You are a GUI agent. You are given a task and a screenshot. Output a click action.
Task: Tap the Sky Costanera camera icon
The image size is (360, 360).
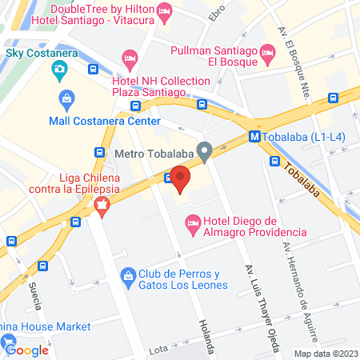tap(59, 70)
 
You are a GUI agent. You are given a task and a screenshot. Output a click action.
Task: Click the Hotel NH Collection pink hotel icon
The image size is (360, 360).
tap(130, 58)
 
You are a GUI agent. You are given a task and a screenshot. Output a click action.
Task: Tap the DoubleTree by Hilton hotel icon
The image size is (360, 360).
tap(164, 10)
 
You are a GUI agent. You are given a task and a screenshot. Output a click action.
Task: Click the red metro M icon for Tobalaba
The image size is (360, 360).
tap(254, 136)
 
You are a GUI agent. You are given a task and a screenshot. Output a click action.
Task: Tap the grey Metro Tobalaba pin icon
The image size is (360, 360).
tap(205, 150)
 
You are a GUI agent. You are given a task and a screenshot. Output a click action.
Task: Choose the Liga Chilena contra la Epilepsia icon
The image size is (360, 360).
tap(102, 206)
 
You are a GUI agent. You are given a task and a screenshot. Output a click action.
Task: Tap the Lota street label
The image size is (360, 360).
tap(158, 350)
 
